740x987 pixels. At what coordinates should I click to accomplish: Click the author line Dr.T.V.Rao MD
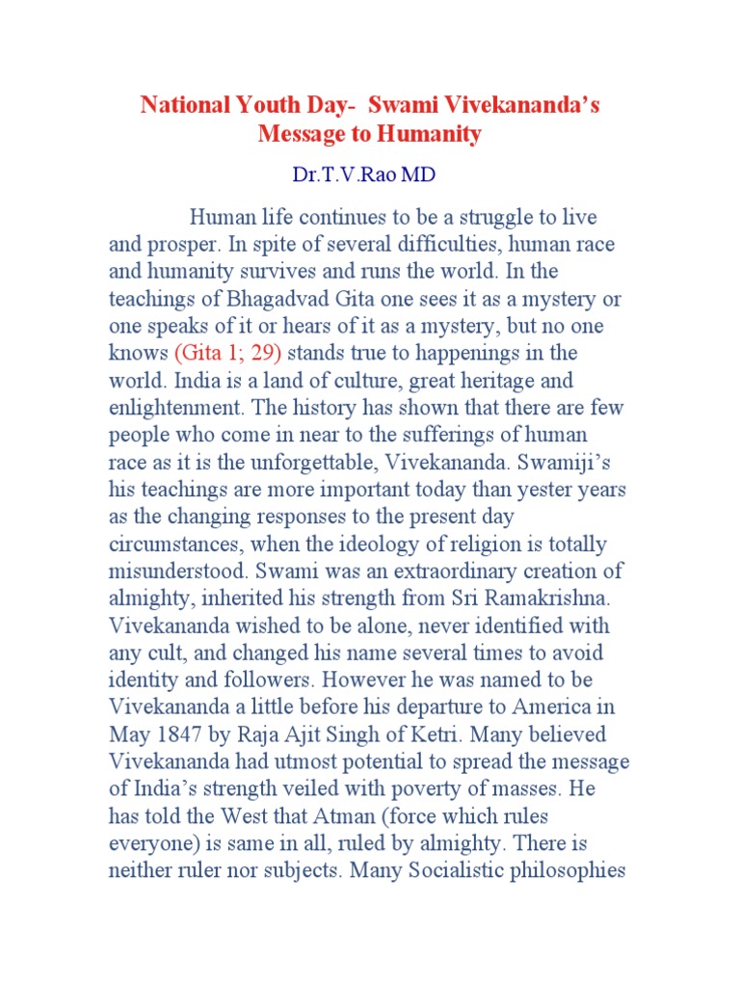(370, 177)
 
